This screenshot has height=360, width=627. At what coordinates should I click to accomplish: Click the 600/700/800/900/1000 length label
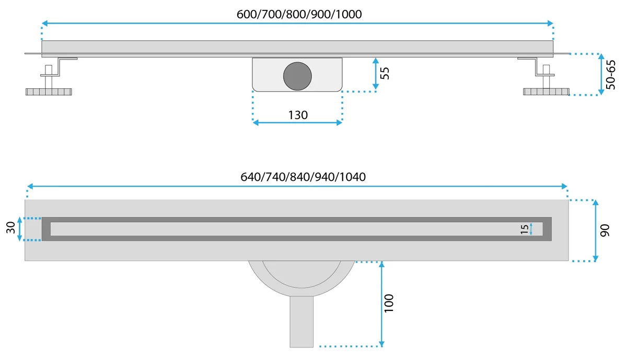(299, 15)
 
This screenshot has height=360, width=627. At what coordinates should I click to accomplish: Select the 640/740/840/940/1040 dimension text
(303, 177)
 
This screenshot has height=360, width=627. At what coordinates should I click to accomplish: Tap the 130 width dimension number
(298, 115)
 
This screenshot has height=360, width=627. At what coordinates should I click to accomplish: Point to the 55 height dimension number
(385, 73)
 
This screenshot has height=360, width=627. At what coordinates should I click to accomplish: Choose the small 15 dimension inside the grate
(524, 229)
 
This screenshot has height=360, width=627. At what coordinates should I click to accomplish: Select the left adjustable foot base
(49, 92)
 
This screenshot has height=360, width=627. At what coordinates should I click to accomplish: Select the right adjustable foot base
(547, 92)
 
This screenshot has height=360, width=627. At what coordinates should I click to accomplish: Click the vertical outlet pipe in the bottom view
(302, 321)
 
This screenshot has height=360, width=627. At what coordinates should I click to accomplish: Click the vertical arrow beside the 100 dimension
(382, 303)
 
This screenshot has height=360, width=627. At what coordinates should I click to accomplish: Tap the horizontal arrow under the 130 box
(297, 122)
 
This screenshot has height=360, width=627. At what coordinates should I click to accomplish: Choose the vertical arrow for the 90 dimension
(596, 230)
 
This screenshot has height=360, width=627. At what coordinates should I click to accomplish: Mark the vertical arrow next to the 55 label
(375, 73)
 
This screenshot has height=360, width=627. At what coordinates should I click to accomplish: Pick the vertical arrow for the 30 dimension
(20, 229)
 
